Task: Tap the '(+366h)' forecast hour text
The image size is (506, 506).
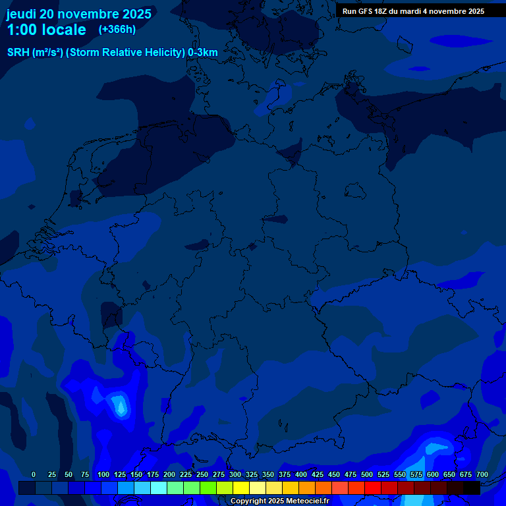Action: pyautogui.click(x=117, y=29)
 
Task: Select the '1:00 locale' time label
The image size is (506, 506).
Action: pyautogui.click(x=46, y=30)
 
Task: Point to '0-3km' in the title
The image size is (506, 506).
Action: pyautogui.click(x=203, y=52)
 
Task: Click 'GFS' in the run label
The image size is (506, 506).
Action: pyautogui.click(x=367, y=11)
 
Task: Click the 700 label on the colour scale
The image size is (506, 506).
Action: pyautogui.click(x=482, y=474)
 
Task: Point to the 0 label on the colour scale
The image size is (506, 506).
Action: pyautogui.click(x=34, y=474)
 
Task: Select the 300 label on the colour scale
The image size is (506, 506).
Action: pyautogui.click(x=235, y=474)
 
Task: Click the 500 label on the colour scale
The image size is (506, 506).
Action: pyautogui.click(x=367, y=474)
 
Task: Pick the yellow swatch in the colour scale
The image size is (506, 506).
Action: pyautogui.click(x=241, y=488)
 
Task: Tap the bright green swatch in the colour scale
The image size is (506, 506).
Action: pyautogui.click(x=208, y=488)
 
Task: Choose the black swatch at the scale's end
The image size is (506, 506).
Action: pyautogui.click(x=472, y=488)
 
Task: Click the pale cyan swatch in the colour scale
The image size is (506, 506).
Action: pyautogui.click(x=159, y=488)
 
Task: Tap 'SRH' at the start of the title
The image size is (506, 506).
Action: pyautogui.click(x=18, y=52)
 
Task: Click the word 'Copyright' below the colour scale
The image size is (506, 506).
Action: pyautogui.click(x=248, y=501)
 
